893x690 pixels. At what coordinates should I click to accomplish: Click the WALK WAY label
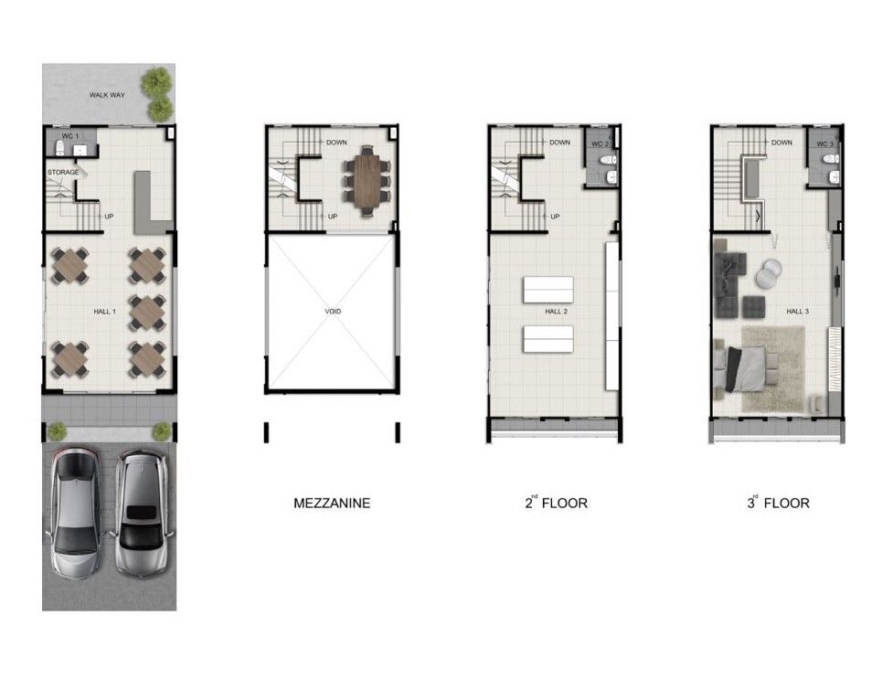pyautogui.click(x=107, y=95)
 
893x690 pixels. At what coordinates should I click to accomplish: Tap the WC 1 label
pyautogui.click(x=70, y=136)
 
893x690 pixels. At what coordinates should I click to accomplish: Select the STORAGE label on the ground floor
pyautogui.click(x=63, y=173)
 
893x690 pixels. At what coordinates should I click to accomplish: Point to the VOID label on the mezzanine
pyautogui.click(x=333, y=312)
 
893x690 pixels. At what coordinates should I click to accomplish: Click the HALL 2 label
pyautogui.click(x=556, y=312)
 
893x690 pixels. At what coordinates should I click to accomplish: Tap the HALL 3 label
pyautogui.click(x=797, y=312)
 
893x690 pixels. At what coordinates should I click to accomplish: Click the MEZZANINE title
pyautogui.click(x=332, y=504)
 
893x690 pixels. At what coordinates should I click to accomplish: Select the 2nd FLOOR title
pyautogui.click(x=556, y=502)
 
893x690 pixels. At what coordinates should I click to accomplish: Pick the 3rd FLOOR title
pyautogui.click(x=778, y=502)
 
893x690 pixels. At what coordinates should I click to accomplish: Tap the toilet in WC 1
pyautogui.click(x=59, y=149)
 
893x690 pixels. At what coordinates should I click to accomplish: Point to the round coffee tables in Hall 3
pyautogui.click(x=768, y=273)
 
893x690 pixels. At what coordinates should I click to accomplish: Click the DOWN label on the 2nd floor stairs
pyautogui.click(x=559, y=143)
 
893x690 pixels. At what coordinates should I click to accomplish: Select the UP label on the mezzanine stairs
pyautogui.click(x=333, y=217)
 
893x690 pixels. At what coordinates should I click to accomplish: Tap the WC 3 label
pyautogui.click(x=824, y=144)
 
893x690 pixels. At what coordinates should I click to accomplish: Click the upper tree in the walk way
pyautogui.click(x=156, y=82)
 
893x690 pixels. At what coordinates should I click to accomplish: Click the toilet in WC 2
pyautogui.click(x=608, y=159)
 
